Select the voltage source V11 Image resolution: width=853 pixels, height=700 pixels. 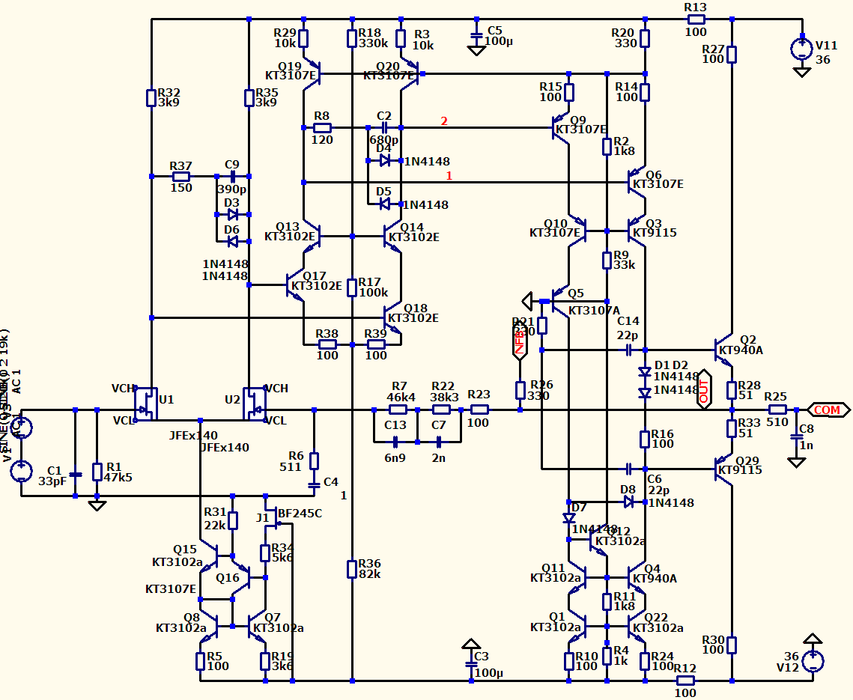(802, 49)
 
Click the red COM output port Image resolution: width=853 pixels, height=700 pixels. (828, 410)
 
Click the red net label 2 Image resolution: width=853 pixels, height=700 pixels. (444, 121)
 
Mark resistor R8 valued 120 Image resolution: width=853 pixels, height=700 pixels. (323, 127)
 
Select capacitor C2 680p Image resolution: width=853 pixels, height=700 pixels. (384, 127)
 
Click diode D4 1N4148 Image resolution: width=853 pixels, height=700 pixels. (385, 161)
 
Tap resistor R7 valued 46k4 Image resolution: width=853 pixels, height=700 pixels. (398, 410)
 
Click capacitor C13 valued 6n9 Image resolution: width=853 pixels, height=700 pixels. (395, 442)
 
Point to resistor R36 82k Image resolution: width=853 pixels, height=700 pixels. (351, 569)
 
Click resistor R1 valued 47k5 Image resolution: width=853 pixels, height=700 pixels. (97, 472)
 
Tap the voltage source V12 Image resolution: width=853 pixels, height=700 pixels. (812, 661)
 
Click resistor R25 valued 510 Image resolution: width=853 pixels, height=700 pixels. (777, 410)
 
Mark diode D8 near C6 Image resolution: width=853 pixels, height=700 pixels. (628, 502)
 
